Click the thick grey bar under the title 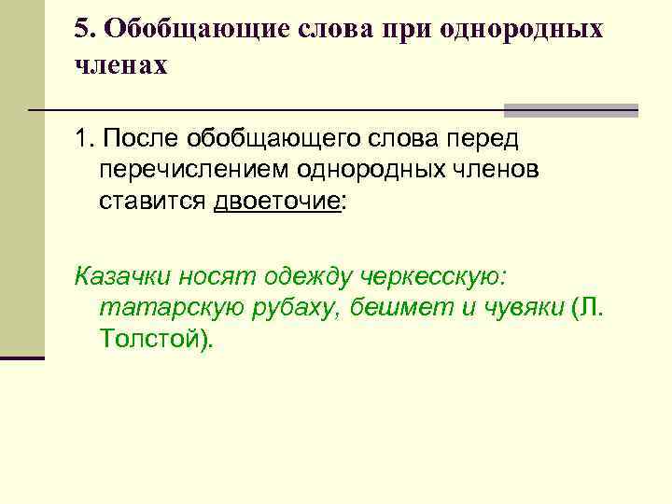pos(570,109)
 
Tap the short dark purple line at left pos(22,357)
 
